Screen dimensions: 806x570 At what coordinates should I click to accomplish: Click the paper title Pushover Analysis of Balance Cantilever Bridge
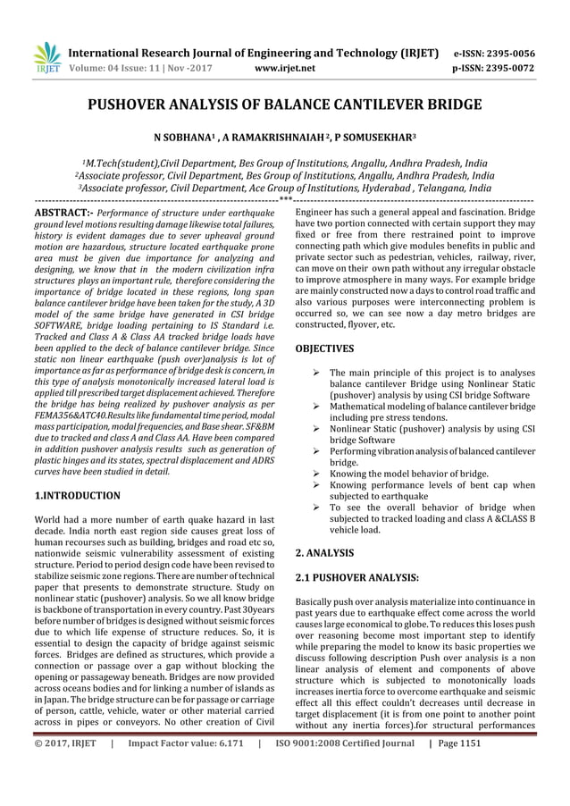(284, 106)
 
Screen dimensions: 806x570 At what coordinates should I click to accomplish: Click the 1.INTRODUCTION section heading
(77, 495)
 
